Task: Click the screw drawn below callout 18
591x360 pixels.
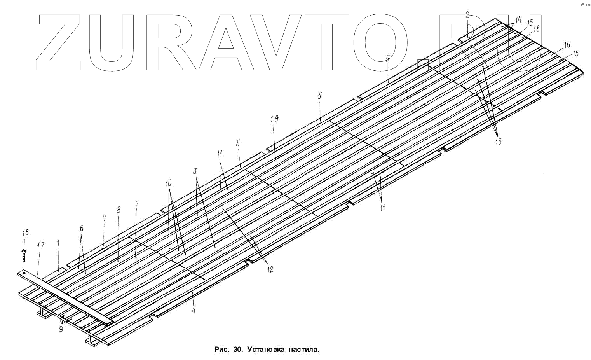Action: [x=24, y=255]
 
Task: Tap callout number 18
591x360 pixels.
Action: [x=25, y=232]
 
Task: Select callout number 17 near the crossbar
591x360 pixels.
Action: [x=41, y=245]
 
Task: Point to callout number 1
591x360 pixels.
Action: [x=58, y=243]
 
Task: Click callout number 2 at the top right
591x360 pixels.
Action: [x=467, y=15]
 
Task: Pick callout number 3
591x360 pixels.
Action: [x=195, y=171]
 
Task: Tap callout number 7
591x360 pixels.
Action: [x=136, y=204]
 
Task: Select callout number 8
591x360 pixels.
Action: [x=119, y=210]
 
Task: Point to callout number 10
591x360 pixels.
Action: [x=169, y=182]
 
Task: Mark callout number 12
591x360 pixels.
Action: [x=269, y=269]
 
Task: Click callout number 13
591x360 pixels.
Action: [x=498, y=142]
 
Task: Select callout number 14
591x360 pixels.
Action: [x=518, y=19]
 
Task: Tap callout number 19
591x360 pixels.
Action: [x=274, y=119]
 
